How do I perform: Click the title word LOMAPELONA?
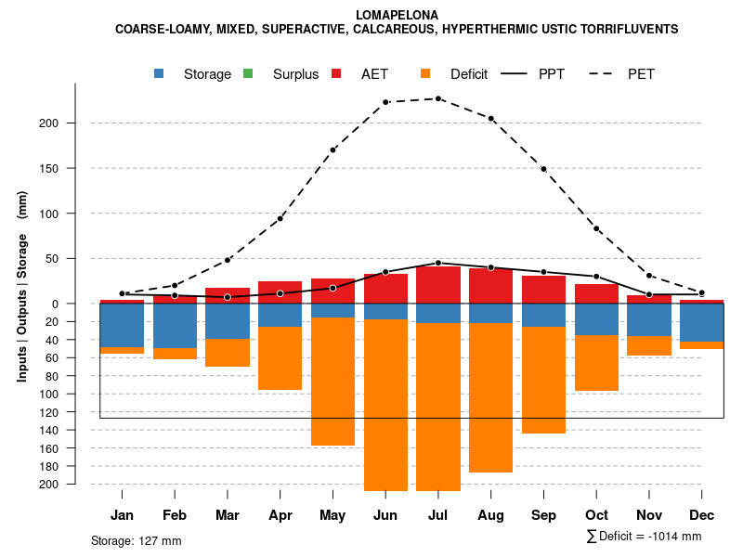397,15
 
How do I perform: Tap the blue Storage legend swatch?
160,73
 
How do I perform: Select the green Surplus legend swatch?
248,73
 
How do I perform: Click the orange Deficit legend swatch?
425,73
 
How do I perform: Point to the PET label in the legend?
641,74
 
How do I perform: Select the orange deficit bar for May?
332,382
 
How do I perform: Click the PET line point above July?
438,98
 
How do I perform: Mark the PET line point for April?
280,218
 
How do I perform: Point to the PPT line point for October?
596,277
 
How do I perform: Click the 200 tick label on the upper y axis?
75,123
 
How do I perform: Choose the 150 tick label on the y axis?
75,169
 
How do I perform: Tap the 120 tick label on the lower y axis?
75,412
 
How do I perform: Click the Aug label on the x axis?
490,515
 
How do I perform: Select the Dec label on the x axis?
702,515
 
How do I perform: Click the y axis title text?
22,286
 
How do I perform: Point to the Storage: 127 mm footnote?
136,540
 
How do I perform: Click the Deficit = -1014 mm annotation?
645,536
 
